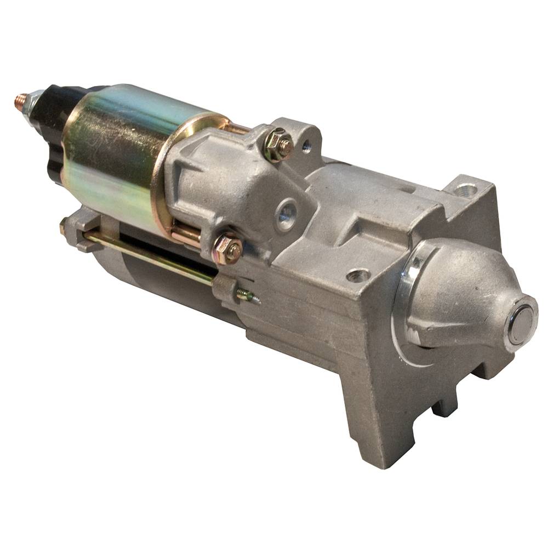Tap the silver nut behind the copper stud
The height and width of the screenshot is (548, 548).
(x=34, y=103)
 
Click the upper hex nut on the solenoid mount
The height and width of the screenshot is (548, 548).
(x=279, y=144)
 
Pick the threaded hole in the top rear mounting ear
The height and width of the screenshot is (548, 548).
(x=466, y=190)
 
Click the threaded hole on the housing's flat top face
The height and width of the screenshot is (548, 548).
(x=359, y=275)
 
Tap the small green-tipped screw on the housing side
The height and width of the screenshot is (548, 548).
(x=248, y=296)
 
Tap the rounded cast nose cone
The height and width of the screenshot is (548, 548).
(x=466, y=296)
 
